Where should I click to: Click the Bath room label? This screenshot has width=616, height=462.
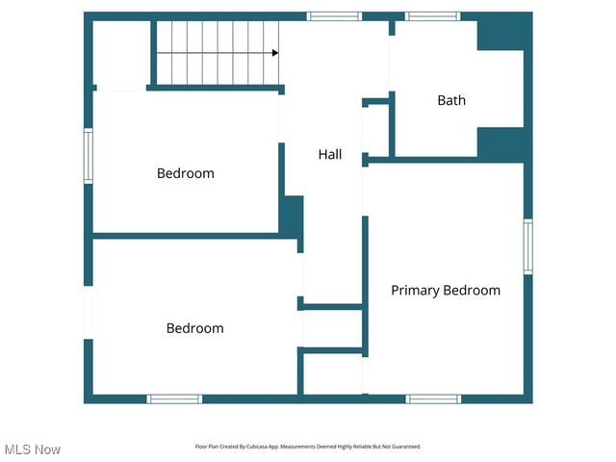pyautogui.click(x=451, y=100)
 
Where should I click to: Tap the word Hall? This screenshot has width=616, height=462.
pyautogui.click(x=330, y=154)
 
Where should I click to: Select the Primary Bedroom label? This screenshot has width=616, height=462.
pyautogui.click(x=445, y=290)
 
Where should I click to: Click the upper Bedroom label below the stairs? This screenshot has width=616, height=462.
pyautogui.click(x=185, y=173)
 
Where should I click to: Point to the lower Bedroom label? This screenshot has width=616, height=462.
pyautogui.click(x=194, y=328)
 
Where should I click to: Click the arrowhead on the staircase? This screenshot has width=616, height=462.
pyautogui.click(x=274, y=53)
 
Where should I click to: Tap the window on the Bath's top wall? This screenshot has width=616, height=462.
pyautogui.click(x=432, y=16)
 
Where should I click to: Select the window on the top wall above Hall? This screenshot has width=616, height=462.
pyautogui.click(x=334, y=16)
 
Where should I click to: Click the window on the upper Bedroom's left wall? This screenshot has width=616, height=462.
pyautogui.click(x=89, y=156)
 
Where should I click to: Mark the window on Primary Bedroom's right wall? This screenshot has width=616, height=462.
pyautogui.click(x=527, y=246)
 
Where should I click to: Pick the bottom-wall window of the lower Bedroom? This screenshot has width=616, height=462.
pyautogui.click(x=174, y=398)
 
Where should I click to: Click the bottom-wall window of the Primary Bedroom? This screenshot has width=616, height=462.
pyautogui.click(x=433, y=398)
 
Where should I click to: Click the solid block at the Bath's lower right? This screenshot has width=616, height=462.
pyautogui.click(x=500, y=143)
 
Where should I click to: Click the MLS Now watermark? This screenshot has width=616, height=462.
pyautogui.click(x=32, y=449)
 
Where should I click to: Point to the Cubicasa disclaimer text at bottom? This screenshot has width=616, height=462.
pyautogui.click(x=308, y=447)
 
